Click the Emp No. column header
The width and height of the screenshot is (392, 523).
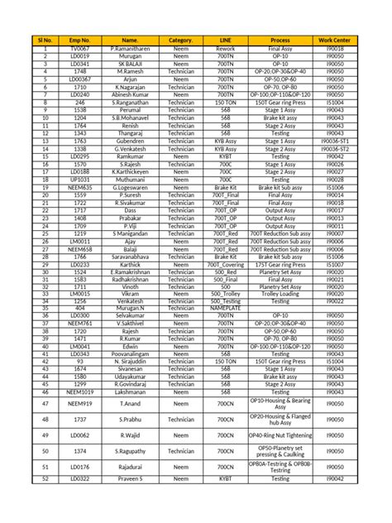click(x=80, y=40)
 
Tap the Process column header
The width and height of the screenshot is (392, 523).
click(x=280, y=40)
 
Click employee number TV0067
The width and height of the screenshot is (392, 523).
click(x=80, y=50)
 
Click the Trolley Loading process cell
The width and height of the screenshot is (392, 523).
click(x=280, y=293)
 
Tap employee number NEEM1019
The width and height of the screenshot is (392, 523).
click(x=80, y=391)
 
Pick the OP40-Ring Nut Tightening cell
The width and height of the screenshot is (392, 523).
click(x=280, y=434)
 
